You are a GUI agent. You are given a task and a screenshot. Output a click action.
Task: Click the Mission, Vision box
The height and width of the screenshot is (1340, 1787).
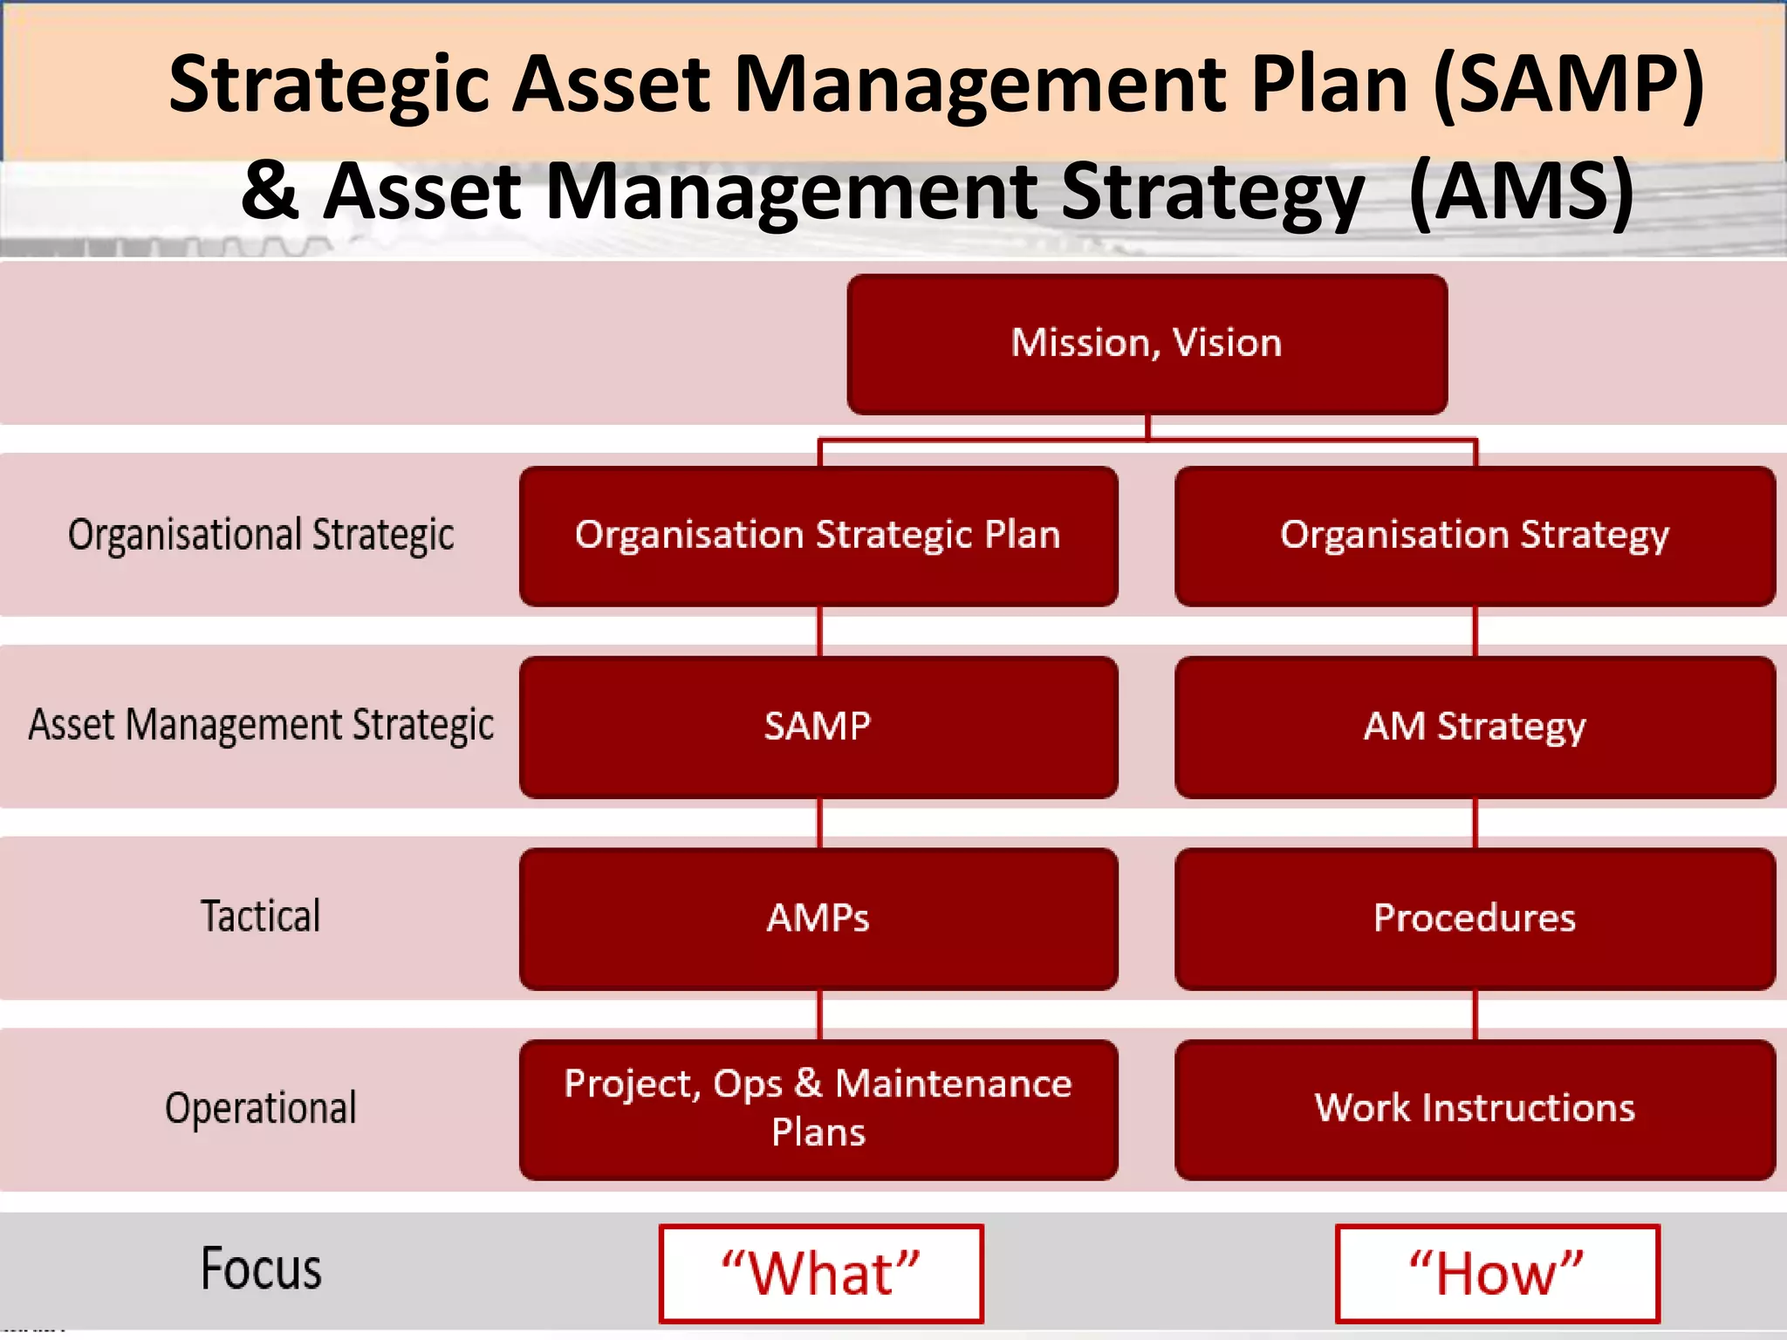point(1147,344)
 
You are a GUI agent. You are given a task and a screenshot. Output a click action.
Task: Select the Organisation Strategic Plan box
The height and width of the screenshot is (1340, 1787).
point(818,536)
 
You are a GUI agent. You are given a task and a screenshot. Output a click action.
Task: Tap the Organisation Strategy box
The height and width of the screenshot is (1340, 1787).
point(1475,536)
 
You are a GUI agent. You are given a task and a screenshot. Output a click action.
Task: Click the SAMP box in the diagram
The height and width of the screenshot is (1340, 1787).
point(818,727)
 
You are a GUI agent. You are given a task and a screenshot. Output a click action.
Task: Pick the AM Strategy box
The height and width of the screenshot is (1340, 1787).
point(1475,727)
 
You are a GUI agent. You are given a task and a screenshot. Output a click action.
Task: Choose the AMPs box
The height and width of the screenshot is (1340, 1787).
point(818,918)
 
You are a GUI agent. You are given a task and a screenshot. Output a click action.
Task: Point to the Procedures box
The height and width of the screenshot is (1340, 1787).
point(1475,918)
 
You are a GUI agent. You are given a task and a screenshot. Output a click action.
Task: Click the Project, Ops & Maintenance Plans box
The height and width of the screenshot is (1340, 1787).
point(818,1109)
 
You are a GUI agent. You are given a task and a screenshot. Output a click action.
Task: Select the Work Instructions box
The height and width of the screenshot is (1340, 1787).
point(1475,1109)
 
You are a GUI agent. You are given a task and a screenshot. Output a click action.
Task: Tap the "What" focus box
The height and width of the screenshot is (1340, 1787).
point(821,1273)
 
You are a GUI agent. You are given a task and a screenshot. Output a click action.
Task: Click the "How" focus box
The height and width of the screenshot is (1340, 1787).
point(1497,1273)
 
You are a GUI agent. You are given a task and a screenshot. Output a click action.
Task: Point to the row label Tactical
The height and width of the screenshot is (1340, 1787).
point(261,917)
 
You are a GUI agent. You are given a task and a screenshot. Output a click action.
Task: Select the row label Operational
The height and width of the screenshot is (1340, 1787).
point(261,1108)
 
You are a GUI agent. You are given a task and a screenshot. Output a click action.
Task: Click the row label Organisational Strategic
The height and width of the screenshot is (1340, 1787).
point(261,535)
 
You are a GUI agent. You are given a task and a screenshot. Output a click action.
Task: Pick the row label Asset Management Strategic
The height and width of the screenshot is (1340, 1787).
point(261,725)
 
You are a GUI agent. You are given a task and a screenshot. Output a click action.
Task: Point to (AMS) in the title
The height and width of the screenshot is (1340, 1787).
point(1522,192)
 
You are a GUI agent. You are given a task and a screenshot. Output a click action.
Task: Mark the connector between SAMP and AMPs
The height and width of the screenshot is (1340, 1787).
point(819,823)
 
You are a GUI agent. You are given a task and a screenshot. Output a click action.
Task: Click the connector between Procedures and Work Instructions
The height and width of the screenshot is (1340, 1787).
point(1475,1014)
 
